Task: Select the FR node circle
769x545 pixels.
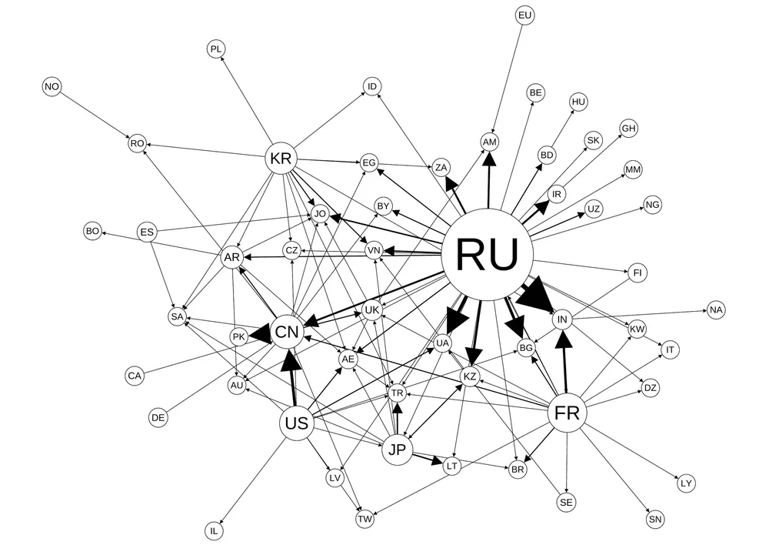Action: pyautogui.click(x=567, y=413)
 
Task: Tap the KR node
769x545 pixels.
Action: pyautogui.click(x=281, y=159)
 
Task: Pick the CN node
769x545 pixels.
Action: pyautogui.click(x=287, y=332)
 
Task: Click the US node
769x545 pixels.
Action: pyautogui.click(x=296, y=423)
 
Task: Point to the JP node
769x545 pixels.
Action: pyautogui.click(x=397, y=450)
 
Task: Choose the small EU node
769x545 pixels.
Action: pyautogui.click(x=525, y=15)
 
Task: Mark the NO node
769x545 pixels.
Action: pyautogui.click(x=52, y=87)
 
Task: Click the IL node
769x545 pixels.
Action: pyautogui.click(x=215, y=530)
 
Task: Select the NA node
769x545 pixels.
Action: pyautogui.click(x=716, y=310)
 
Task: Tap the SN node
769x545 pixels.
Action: pyautogui.click(x=655, y=520)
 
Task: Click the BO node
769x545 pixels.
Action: pyautogui.click(x=92, y=230)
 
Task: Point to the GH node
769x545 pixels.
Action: pyautogui.click(x=628, y=128)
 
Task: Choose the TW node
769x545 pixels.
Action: pyautogui.click(x=365, y=519)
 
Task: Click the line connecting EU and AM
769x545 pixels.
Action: pyautogui.click(x=508, y=77)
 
